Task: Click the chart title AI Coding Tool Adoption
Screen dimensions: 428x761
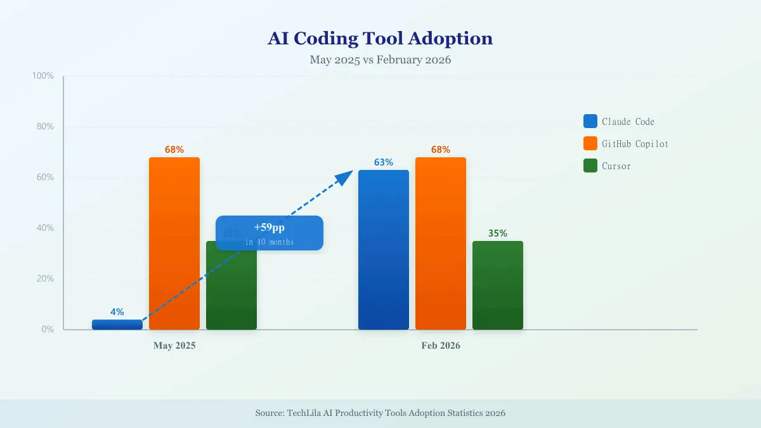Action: (380, 39)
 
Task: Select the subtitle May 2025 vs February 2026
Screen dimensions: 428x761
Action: (380, 60)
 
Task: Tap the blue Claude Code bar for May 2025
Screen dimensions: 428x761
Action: (117, 325)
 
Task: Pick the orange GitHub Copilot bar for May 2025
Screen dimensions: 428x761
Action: (174, 243)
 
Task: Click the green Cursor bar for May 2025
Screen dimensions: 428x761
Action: (231, 292)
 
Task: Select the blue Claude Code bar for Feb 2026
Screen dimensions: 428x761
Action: (384, 250)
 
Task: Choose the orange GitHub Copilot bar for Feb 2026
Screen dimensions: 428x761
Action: (441, 243)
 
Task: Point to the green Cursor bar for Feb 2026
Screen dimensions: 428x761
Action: (498, 285)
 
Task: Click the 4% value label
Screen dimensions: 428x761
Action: (117, 312)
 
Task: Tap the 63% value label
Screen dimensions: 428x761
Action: (384, 162)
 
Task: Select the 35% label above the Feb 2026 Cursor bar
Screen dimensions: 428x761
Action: (498, 233)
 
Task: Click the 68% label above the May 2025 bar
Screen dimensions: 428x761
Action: (174, 150)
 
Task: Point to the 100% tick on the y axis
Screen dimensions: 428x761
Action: (43, 76)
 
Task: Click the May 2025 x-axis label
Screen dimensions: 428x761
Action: (174, 346)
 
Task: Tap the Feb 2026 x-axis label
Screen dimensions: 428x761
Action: (441, 346)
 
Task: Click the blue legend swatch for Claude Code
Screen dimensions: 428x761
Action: (590, 121)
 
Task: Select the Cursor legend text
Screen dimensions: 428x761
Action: (616, 166)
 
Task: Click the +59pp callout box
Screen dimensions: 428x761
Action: (270, 233)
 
